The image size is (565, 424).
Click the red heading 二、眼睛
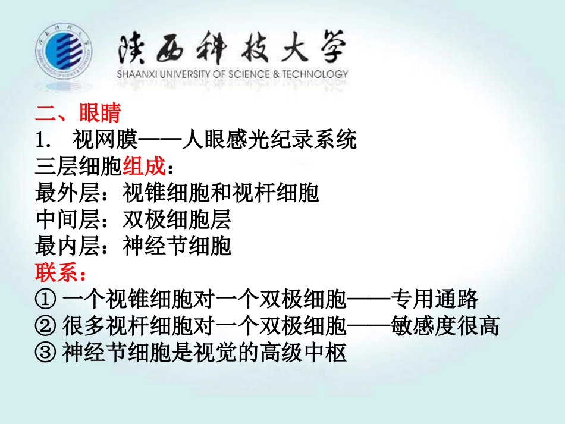(x=78, y=112)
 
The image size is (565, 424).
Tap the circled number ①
(x=46, y=300)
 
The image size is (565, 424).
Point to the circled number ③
(x=46, y=353)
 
